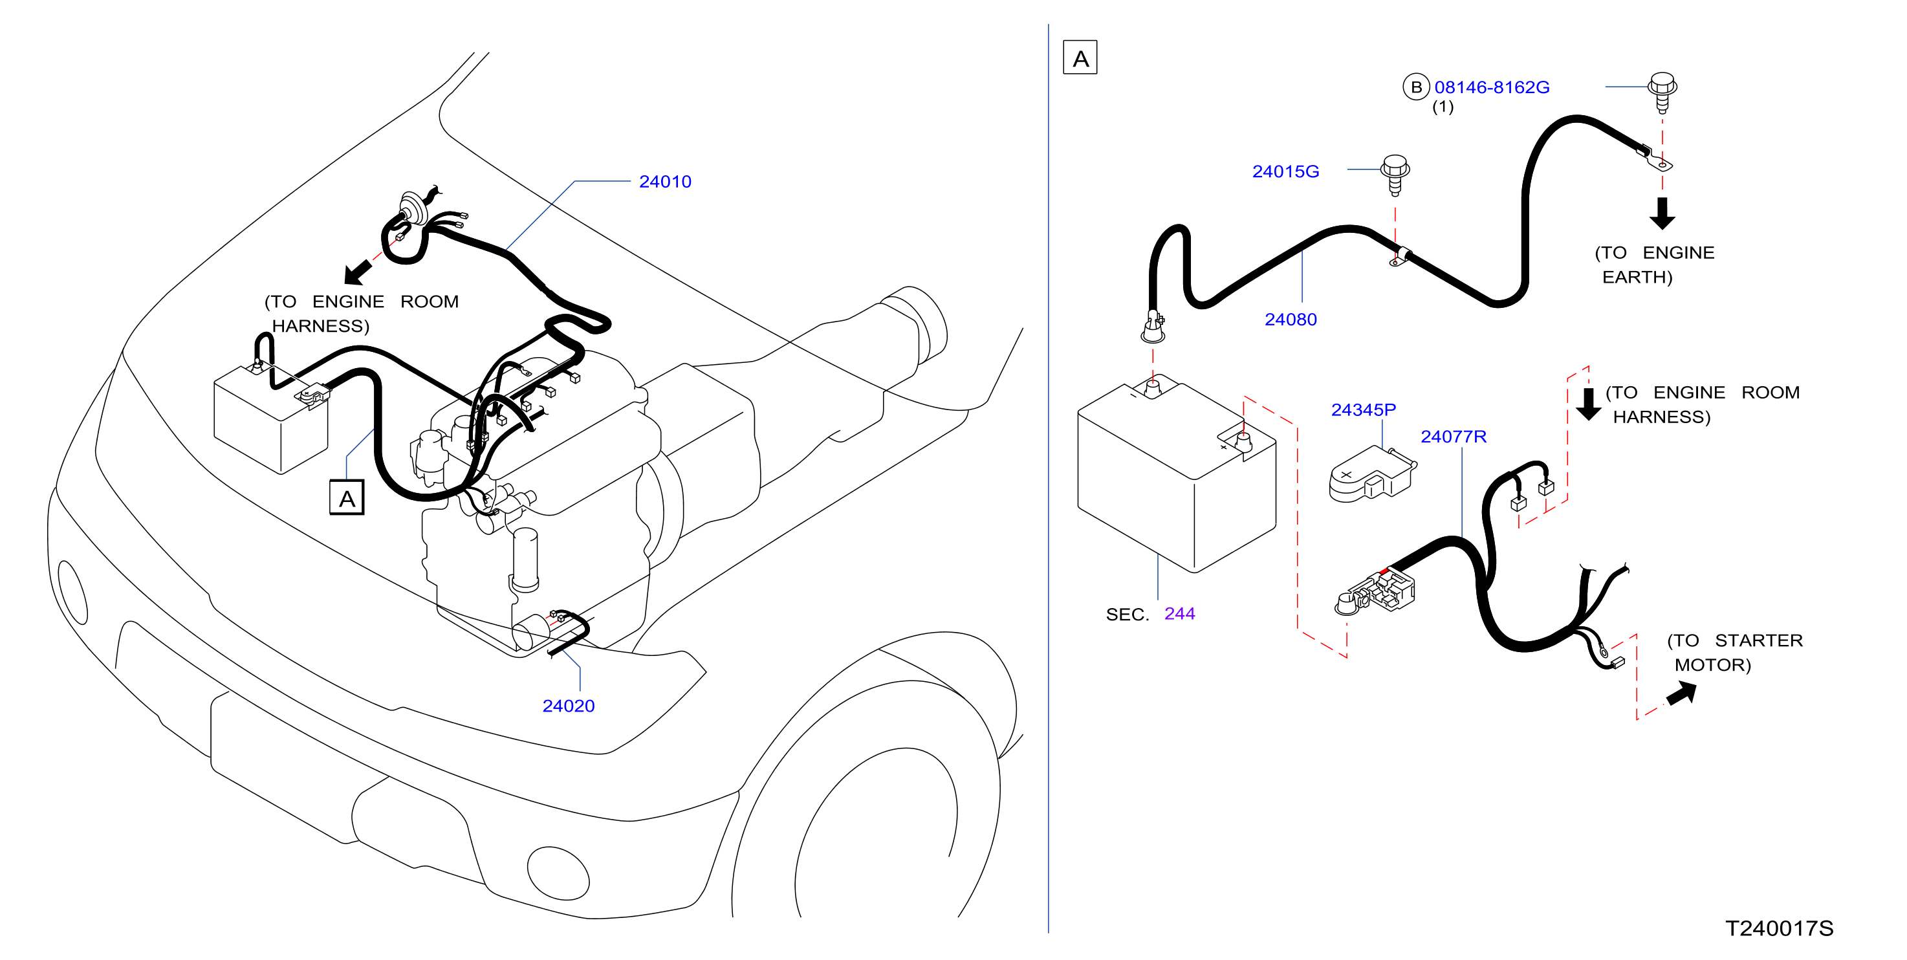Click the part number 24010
point(665,181)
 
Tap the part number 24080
point(1291,319)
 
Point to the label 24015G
point(1285,171)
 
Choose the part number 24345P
point(1363,409)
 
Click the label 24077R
point(1452,436)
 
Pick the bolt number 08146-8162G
point(1491,87)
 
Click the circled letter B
point(1415,87)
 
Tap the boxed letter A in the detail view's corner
point(1080,58)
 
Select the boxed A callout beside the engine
point(347,497)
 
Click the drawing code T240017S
point(1779,928)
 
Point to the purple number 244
point(1179,614)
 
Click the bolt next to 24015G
point(1395,175)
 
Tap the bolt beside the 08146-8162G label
point(1662,93)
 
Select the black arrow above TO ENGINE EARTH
point(1662,213)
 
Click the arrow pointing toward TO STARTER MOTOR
point(1681,693)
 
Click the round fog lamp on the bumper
point(558,873)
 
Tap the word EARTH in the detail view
point(1637,277)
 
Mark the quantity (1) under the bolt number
point(1442,107)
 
